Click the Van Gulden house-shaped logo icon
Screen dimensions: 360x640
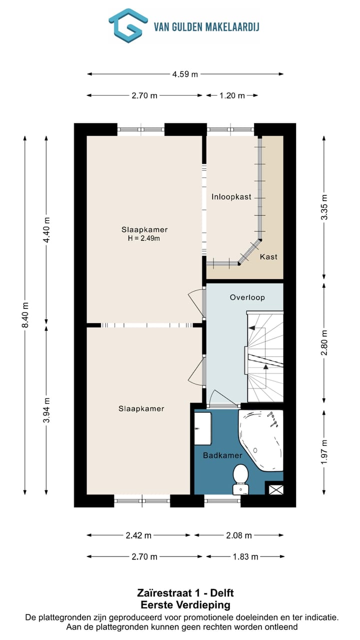(x=128, y=25)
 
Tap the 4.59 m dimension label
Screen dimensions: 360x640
(x=185, y=74)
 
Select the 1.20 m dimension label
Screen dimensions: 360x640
(x=232, y=95)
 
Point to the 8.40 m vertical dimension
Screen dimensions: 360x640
(x=25, y=315)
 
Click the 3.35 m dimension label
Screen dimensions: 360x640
(x=324, y=207)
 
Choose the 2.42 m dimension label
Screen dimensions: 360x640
(x=138, y=535)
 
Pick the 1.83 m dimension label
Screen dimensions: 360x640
(x=245, y=556)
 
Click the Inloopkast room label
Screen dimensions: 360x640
(x=231, y=196)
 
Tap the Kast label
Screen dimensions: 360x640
(x=268, y=256)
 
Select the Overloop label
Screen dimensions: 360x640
(x=247, y=297)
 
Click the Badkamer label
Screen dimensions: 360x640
(x=222, y=455)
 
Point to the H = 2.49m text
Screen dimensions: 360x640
(x=143, y=238)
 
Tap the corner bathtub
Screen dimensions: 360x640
(x=260, y=440)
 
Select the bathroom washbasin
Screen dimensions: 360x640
(x=203, y=428)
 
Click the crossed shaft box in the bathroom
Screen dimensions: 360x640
(x=276, y=489)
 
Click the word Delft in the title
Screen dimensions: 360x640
(x=222, y=593)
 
